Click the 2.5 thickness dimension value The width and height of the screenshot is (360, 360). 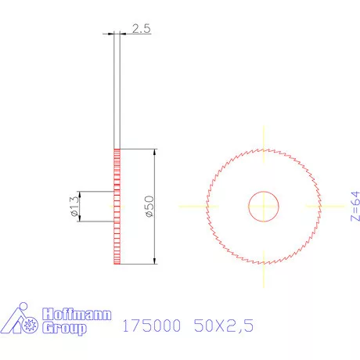coord(140,29)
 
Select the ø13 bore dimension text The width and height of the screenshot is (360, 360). coord(74,206)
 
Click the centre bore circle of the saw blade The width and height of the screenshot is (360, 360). coord(264,207)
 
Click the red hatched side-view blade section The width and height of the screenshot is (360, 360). coord(117,207)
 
